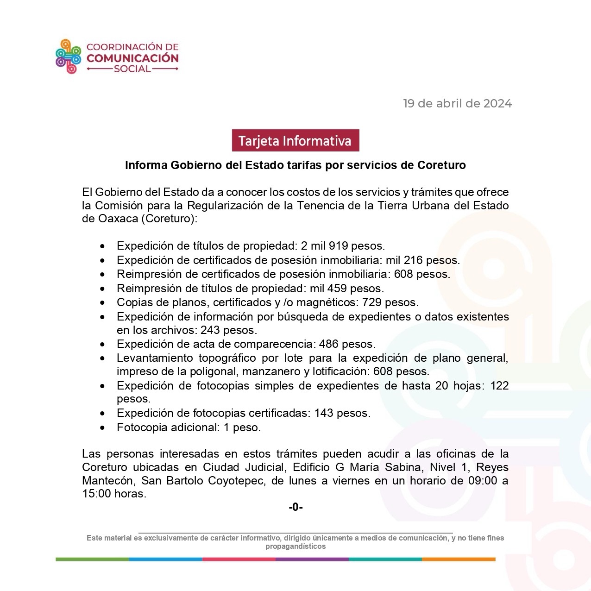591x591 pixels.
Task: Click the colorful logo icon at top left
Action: click(68, 57)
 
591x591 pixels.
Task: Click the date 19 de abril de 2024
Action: click(457, 103)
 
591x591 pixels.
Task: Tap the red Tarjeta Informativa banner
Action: click(295, 140)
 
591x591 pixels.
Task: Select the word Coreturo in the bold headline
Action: click(441, 165)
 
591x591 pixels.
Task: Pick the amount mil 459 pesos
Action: click(347, 289)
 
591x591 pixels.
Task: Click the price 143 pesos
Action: click(342, 413)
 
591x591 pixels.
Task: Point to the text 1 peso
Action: click(242, 428)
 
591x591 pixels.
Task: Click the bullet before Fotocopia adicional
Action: click(102, 428)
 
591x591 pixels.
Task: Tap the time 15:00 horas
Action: click(114, 494)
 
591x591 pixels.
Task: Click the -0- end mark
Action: click(295, 507)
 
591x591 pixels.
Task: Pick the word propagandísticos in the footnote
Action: click(295, 547)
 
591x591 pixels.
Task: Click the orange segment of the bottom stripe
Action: click(459, 560)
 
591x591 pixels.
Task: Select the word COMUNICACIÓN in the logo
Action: click(132, 58)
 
